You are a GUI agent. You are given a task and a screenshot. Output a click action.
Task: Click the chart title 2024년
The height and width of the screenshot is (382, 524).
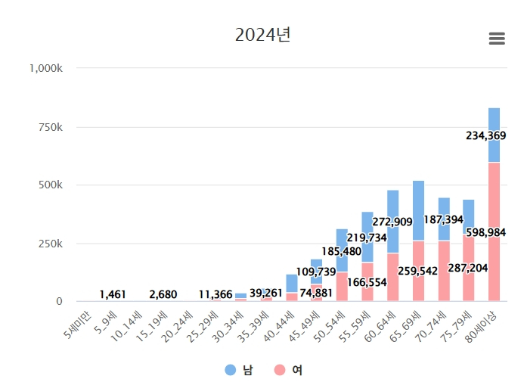click(x=262, y=35)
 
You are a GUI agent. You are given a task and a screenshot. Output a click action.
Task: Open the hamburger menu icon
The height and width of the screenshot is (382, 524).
click(x=497, y=39)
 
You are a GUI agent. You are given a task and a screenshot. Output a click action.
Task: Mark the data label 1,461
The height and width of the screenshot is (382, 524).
click(x=113, y=294)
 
